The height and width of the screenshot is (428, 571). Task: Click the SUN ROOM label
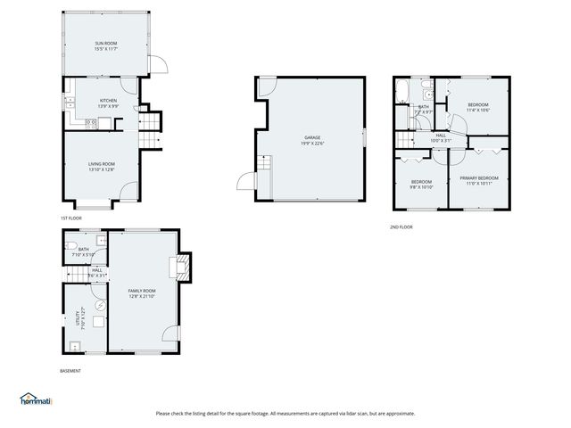click(x=106, y=43)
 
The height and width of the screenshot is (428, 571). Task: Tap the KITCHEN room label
click(x=108, y=100)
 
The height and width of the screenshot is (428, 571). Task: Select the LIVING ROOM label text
click(x=101, y=164)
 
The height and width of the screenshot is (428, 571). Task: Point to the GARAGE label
click(x=311, y=137)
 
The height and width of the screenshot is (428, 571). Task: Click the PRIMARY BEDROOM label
click(x=478, y=178)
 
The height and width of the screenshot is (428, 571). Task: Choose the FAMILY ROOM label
click(x=142, y=292)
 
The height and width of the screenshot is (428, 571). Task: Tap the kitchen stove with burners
click(x=103, y=121)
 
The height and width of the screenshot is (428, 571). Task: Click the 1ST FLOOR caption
click(x=70, y=218)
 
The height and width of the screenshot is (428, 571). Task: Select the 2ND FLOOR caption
click(x=401, y=226)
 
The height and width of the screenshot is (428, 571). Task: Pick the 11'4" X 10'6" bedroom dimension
click(x=479, y=111)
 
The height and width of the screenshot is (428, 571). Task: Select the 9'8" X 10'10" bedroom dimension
click(x=421, y=187)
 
